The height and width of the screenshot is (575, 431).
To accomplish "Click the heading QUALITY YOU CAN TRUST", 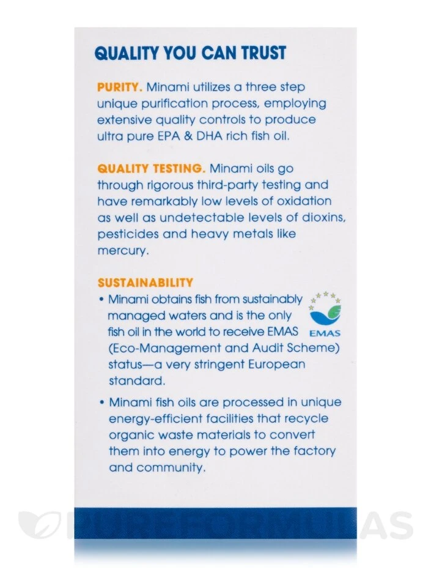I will coord(190,53).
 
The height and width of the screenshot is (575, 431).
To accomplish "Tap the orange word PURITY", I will coord(119,87).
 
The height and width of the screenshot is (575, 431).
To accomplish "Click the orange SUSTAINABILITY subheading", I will coord(145,283).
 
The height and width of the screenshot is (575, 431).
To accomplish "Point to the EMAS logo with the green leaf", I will coord(325,313).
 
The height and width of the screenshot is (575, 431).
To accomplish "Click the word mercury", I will coord(122,251).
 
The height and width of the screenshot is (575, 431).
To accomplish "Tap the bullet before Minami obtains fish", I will coord(100,300).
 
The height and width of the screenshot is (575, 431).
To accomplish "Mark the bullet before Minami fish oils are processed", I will coord(100,402).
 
